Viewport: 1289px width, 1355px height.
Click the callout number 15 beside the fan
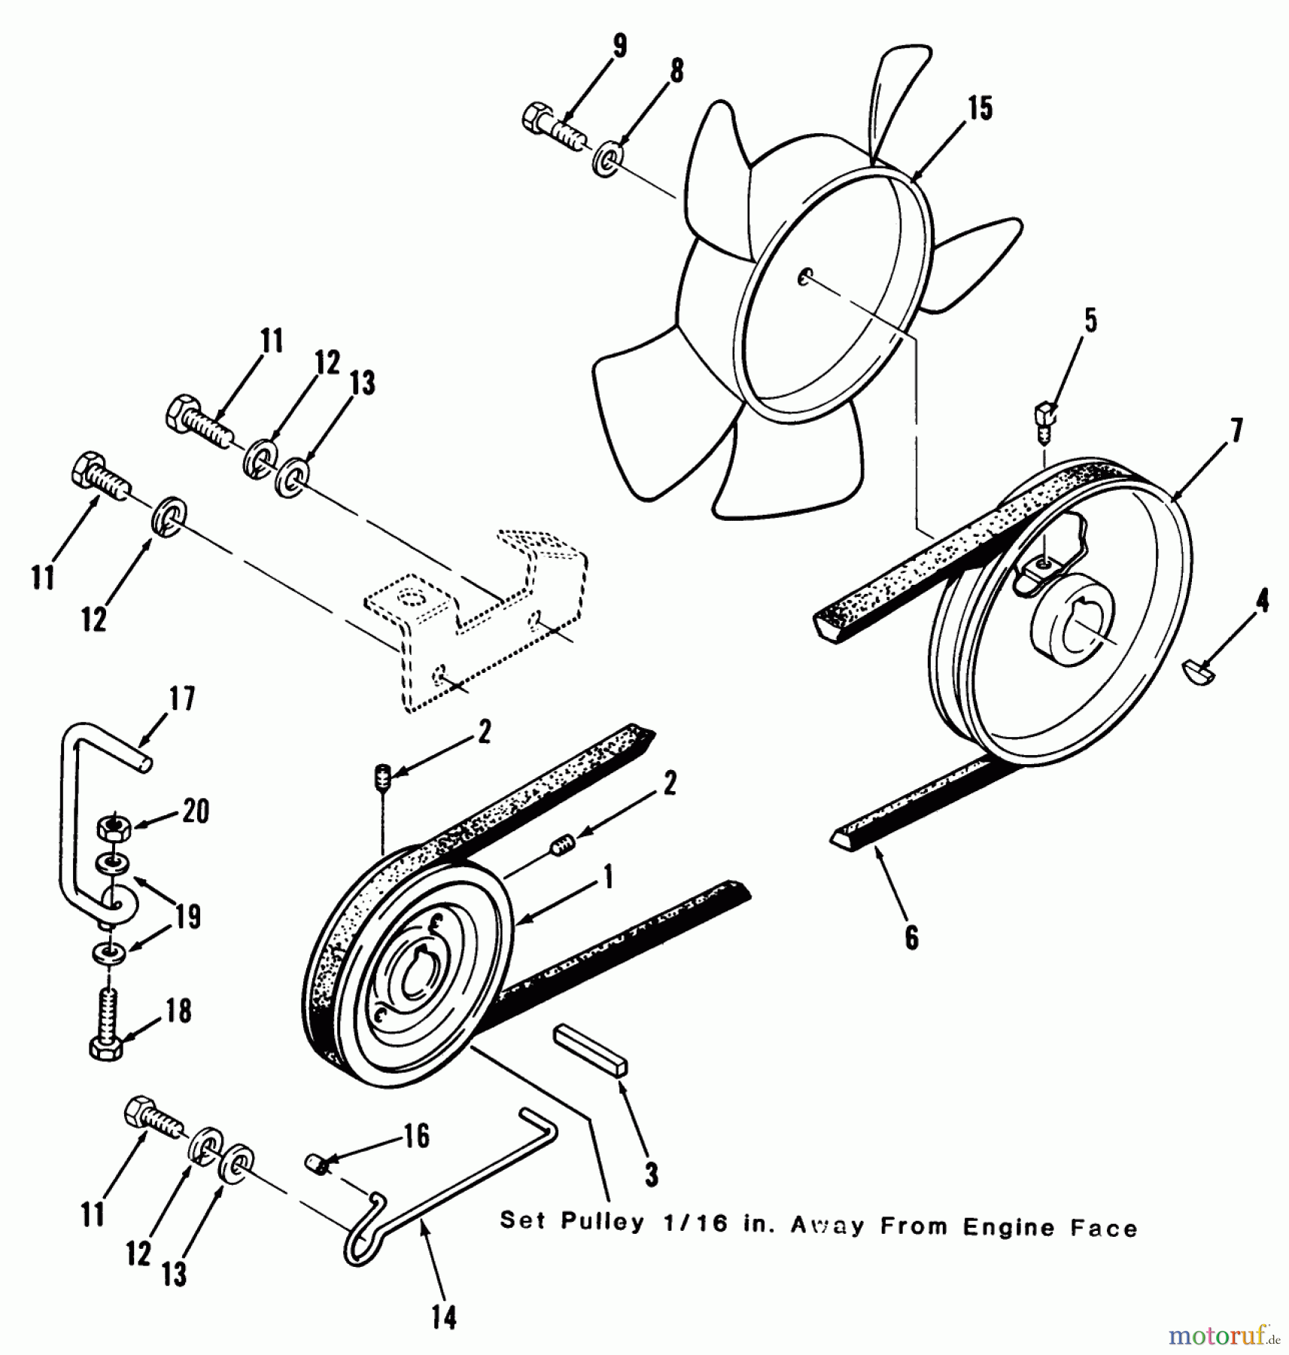pos(980,108)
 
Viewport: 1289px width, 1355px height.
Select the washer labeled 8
pos(605,162)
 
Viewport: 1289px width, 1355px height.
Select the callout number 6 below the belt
pos(911,937)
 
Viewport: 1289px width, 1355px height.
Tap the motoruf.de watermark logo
pos(1224,1335)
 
